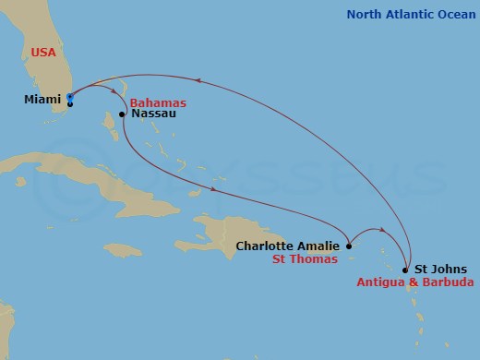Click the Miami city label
[x=42, y=99]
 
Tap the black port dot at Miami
[x=70, y=103]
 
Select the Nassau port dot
[x=122, y=114]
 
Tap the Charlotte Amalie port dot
[x=349, y=246]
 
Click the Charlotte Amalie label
[x=289, y=246]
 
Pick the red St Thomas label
[x=305, y=261]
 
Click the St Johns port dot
[x=407, y=270]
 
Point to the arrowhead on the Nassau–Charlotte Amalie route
[x=215, y=191]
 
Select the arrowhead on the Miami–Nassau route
[x=100, y=90]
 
